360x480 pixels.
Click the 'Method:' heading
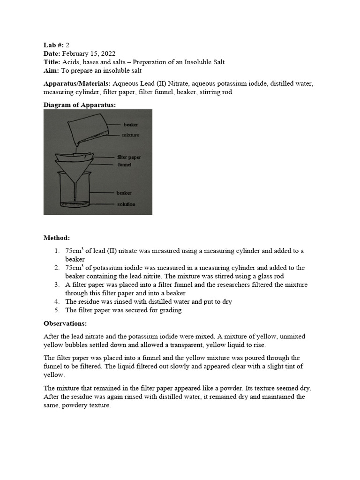pyautogui.click(x=57, y=238)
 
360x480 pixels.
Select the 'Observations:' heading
pyautogui.click(x=65, y=323)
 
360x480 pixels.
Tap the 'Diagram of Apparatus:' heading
pyautogui.click(x=80, y=105)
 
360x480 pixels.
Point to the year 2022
pyautogui.click(x=107, y=53)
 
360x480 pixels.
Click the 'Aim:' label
pyautogui.click(x=52, y=71)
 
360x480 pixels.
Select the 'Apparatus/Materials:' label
pyautogui.click(x=77, y=83)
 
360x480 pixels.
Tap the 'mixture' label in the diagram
pyautogui.click(x=131, y=135)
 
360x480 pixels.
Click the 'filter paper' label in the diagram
pyautogui.click(x=129, y=157)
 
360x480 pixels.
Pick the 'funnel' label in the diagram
pyautogui.click(x=125, y=165)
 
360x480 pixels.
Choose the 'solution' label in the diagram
pyautogui.click(x=126, y=204)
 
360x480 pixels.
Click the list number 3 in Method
pyautogui.click(x=57, y=285)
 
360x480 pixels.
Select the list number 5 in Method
pyautogui.click(x=57, y=310)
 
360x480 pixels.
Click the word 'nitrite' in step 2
pyautogui.click(x=146, y=276)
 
